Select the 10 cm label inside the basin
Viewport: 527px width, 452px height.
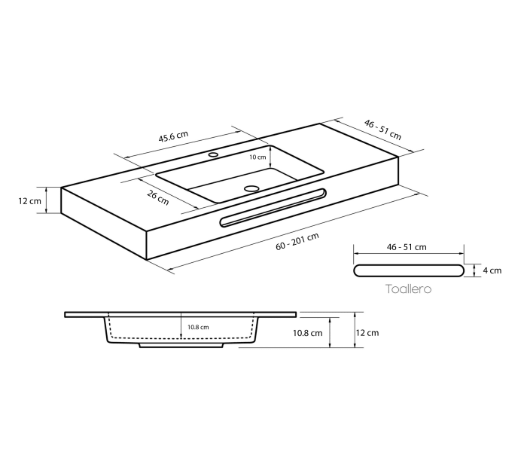pos(257,157)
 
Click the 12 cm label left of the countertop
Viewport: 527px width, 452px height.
pos(30,201)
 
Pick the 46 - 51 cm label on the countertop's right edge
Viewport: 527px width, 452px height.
pos(383,129)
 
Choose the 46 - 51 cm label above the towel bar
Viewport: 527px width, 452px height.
pos(407,246)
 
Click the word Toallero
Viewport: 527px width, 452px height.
pos(408,289)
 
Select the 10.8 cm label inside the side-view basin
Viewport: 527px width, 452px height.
pos(197,327)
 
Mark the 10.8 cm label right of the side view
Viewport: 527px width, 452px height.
pos(309,332)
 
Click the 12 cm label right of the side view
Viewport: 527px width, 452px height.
pos(368,332)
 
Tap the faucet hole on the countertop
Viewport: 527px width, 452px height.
pos(213,155)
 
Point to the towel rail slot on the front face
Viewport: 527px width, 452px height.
pos(273,207)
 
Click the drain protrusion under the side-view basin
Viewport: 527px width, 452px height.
pos(181,347)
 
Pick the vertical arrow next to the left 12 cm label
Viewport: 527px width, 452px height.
pos(47,201)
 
